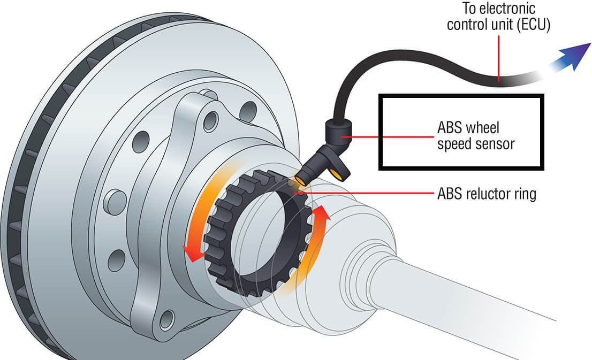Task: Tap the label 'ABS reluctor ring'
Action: pyautogui.click(x=487, y=193)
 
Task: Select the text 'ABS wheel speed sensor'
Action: pyautogui.click(x=469, y=137)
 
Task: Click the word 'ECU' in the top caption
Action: pyautogui.click(x=534, y=25)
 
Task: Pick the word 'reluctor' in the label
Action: pyautogui.click(x=487, y=193)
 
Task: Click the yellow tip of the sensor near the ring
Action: pyautogui.click(x=301, y=181)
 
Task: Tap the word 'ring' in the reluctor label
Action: pyautogui.click(x=525, y=194)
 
